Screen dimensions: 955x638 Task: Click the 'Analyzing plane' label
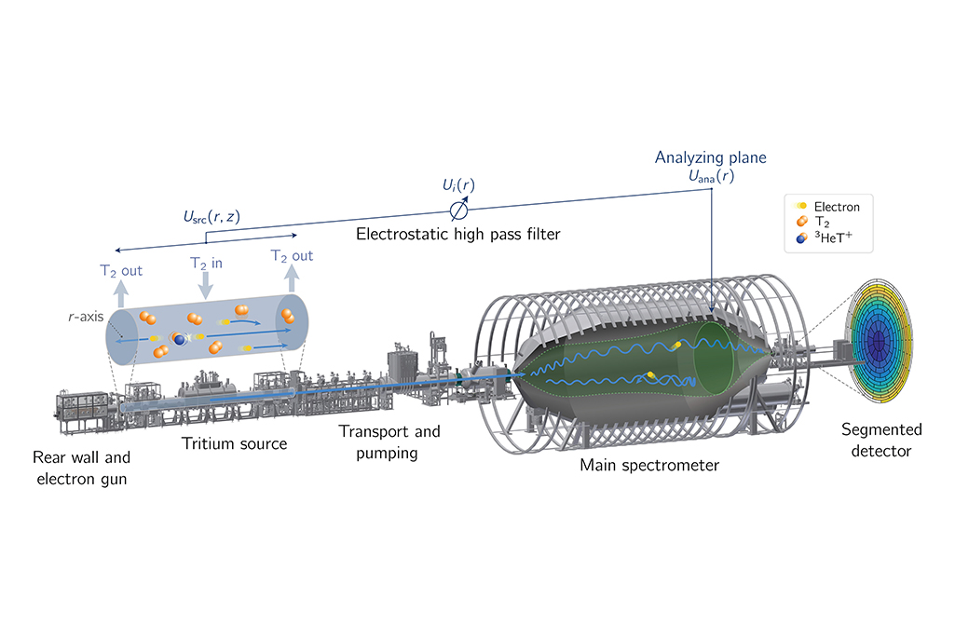[710, 157]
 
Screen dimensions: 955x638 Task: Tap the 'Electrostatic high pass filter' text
[458, 235]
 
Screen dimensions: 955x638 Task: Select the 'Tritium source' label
[235, 443]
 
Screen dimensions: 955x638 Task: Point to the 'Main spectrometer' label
[649, 466]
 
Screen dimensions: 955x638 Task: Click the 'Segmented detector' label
[881, 441]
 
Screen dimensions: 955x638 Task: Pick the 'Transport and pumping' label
[389, 442]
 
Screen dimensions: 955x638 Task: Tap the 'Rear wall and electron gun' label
[82, 468]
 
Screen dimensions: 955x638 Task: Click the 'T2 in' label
[206, 264]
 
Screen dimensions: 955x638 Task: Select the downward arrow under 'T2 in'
[206, 286]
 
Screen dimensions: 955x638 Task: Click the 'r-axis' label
[86, 317]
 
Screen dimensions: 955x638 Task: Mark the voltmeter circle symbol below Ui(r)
[458, 210]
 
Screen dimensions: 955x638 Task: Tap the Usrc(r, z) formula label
[211, 217]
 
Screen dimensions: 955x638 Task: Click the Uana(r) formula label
[711, 177]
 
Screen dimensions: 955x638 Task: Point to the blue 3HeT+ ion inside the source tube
[180, 340]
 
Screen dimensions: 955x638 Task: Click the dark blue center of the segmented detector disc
[878, 341]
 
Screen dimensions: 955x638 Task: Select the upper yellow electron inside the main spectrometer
[676, 346]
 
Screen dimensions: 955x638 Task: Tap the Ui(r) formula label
[458, 185]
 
